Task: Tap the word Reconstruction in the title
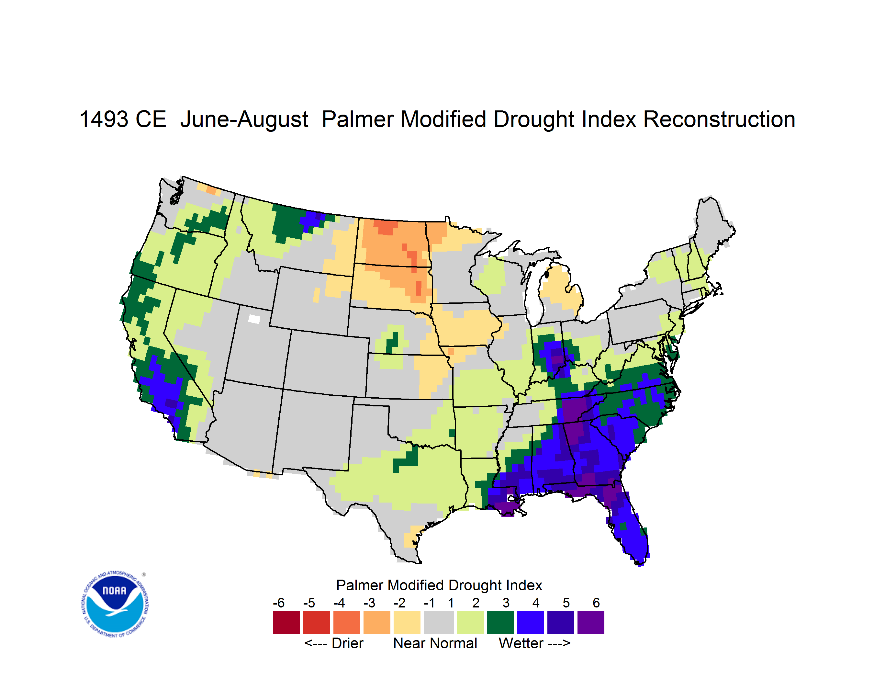pyautogui.click(x=719, y=119)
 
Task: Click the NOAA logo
pyautogui.click(x=115, y=604)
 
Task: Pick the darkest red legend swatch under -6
pyautogui.click(x=286, y=622)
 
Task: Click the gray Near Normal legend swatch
pyautogui.click(x=439, y=622)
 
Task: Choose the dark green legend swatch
pyautogui.click(x=500, y=622)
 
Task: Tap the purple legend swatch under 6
pyautogui.click(x=591, y=622)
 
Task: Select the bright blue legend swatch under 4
pyautogui.click(x=531, y=622)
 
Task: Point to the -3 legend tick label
pyautogui.click(x=369, y=603)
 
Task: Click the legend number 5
pyautogui.click(x=566, y=603)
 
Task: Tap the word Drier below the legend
pyautogui.click(x=347, y=643)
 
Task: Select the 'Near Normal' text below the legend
pyautogui.click(x=435, y=643)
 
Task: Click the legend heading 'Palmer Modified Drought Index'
pyautogui.click(x=439, y=585)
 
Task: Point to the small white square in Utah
pyautogui.click(x=254, y=319)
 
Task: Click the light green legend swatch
pyautogui.click(x=470, y=622)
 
